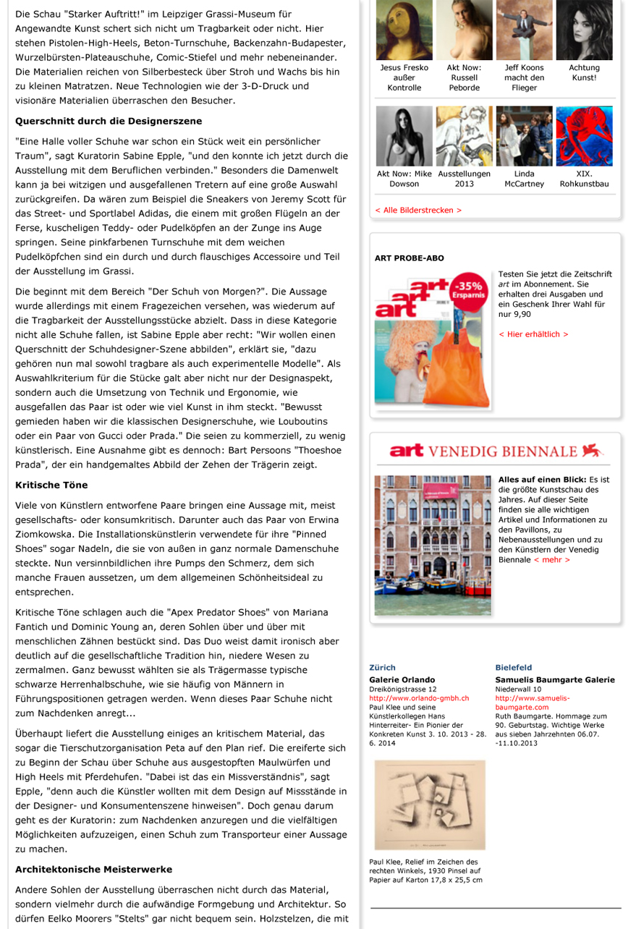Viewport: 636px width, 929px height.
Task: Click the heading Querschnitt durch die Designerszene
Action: [109, 121]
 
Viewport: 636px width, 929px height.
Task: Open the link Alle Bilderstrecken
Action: [417, 210]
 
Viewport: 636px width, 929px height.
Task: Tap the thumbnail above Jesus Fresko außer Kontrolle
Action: [404, 30]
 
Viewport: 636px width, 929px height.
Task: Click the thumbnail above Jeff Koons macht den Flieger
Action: [524, 30]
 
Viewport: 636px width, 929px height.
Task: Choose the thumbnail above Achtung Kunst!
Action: [584, 30]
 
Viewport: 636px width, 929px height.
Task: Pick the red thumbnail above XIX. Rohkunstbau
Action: [584, 136]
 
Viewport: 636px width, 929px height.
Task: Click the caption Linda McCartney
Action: [524, 179]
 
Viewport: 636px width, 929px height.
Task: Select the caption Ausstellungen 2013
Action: [464, 179]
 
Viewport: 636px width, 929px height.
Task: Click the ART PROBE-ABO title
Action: [410, 258]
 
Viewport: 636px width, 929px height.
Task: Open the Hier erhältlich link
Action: [533, 334]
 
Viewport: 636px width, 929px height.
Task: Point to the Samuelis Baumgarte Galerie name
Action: [555, 680]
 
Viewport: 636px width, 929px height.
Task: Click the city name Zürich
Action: [382, 667]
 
